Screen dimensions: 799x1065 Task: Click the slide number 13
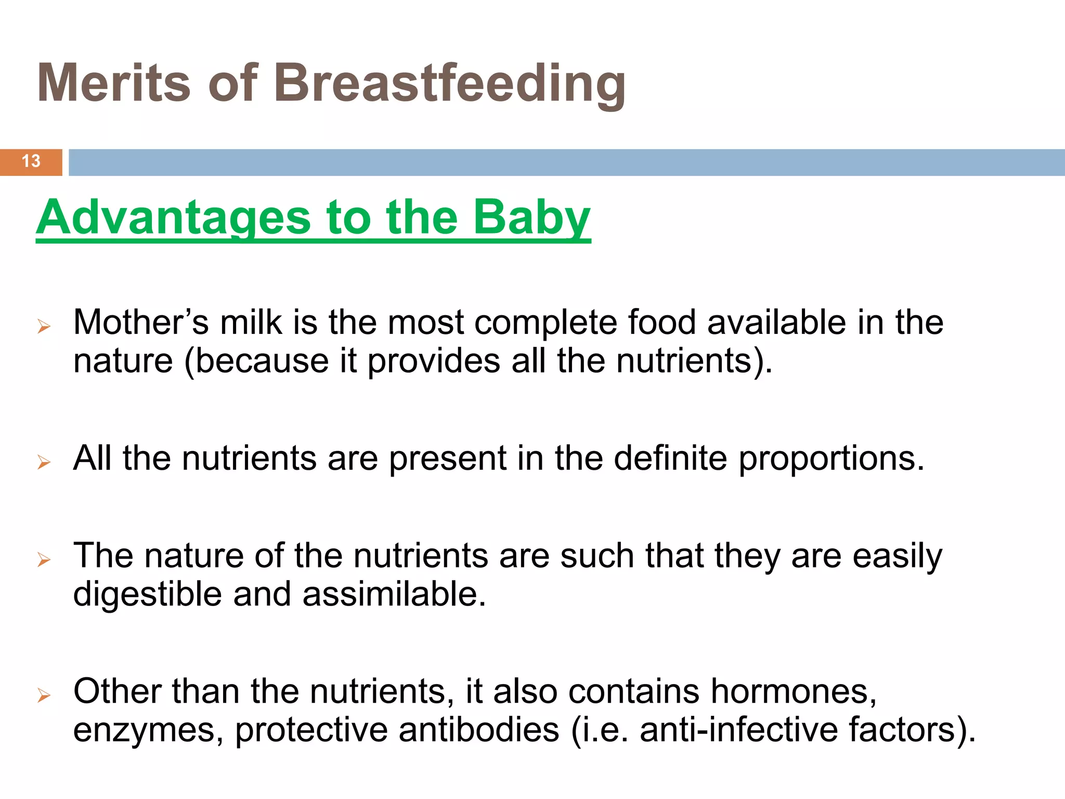(x=31, y=161)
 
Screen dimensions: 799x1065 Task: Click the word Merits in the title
(x=114, y=83)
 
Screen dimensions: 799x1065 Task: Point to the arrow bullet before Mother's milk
(x=44, y=327)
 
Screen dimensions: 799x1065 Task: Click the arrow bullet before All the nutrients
(x=44, y=462)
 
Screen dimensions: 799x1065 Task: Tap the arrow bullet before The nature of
(x=44, y=560)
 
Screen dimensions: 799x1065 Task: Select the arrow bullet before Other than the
(x=44, y=695)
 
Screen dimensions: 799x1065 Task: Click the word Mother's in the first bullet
(x=141, y=323)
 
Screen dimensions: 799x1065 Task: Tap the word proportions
(x=832, y=459)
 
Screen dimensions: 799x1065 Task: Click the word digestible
(x=147, y=594)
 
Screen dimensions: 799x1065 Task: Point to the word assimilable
(x=394, y=594)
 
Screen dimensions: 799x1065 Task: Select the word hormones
(x=794, y=692)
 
